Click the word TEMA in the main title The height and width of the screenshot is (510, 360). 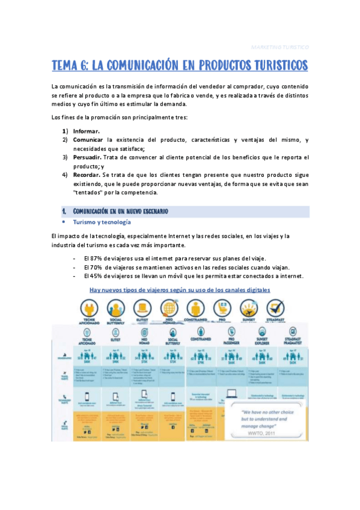click(67, 65)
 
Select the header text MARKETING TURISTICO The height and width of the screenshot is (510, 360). click(279, 46)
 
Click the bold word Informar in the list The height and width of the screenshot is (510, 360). click(87, 131)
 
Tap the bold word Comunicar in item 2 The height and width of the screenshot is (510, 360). click(89, 140)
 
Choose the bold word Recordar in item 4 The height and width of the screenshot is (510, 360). click(88, 175)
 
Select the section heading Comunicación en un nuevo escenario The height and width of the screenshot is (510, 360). click(120, 211)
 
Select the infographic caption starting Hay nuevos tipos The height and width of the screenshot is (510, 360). click(180, 289)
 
